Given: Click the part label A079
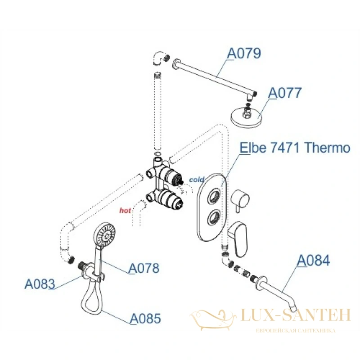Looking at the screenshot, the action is [244, 53].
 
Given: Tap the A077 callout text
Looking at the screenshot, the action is [285, 93].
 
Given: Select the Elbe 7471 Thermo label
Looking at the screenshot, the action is [295, 148].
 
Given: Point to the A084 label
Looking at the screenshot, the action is [313, 261].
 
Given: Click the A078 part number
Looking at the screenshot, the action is [144, 268].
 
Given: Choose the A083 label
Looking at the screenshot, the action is [40, 284].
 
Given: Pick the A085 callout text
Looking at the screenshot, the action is [145, 319].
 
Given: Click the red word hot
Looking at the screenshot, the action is [125, 210].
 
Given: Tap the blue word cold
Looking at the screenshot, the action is [196, 180].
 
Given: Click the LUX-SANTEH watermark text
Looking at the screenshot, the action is [296, 315].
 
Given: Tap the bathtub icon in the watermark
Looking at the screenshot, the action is [212, 319].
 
